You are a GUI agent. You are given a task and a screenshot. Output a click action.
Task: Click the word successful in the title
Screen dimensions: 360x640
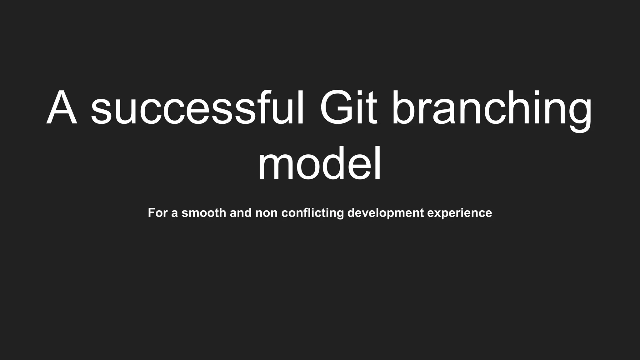[197, 108]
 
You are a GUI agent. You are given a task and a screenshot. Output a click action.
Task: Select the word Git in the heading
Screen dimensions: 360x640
[348, 108]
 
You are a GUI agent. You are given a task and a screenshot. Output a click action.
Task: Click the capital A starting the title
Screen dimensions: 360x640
[62, 108]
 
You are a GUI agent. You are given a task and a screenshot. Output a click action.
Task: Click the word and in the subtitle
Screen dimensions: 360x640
[241, 213]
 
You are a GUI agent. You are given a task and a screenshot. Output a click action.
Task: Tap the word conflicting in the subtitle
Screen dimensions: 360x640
[312, 213]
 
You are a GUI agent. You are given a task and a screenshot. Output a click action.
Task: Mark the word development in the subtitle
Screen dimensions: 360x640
[386, 213]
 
